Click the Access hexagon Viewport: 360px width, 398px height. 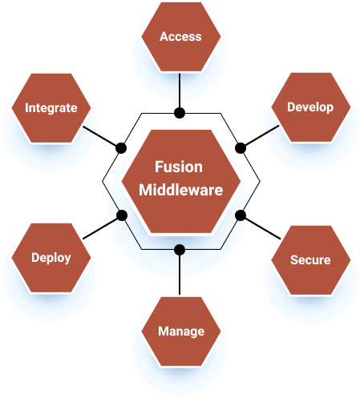[x=180, y=37]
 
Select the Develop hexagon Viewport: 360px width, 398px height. [x=309, y=107]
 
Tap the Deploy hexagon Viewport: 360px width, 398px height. [x=51, y=258]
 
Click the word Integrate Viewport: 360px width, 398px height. [x=51, y=107]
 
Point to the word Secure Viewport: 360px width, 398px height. [x=309, y=260]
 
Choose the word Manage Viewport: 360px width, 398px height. [x=180, y=331]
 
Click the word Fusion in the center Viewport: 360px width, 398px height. [x=179, y=167]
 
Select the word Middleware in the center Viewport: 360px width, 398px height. [x=179, y=190]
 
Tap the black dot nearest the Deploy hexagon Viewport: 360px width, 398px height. [x=122, y=215]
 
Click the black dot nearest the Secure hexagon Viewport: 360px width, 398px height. [x=239, y=215]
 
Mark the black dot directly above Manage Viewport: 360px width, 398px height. [x=180, y=249]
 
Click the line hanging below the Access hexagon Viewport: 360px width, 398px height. [x=180, y=86]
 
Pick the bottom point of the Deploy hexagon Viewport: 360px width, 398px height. [x=51, y=293]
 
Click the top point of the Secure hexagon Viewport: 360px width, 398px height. [x=309, y=226]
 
